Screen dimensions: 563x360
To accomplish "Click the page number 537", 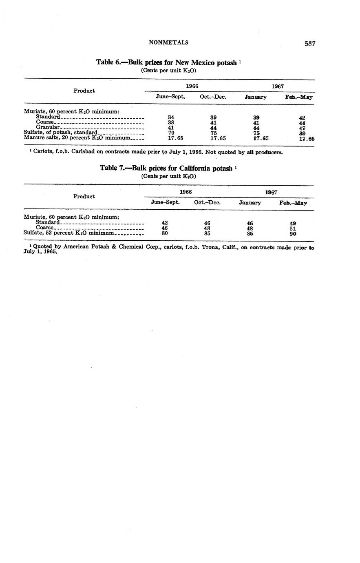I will pyautogui.click(x=310, y=44).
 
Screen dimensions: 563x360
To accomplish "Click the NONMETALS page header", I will pyautogui.click(x=168, y=42).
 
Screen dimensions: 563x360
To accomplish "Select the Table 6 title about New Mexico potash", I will pyautogui.click(x=168, y=62).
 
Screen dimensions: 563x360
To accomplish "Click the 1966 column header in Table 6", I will pyautogui.click(x=192, y=86).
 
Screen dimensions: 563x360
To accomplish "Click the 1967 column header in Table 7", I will pyautogui.click(x=271, y=192).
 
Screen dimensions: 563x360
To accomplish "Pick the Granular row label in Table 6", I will pyautogui.click(x=48, y=127).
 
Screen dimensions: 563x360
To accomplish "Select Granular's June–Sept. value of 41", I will pyautogui.click(x=171, y=128).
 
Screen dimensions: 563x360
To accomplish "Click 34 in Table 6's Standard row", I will pyautogui.click(x=171, y=117).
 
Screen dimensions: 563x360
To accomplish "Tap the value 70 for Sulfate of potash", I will pyautogui.click(x=171, y=133).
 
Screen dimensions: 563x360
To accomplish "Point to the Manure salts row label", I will pyautogui.click(x=77, y=138).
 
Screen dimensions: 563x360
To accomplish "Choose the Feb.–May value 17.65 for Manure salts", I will pyautogui.click(x=307, y=139).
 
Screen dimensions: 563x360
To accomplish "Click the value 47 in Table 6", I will pyautogui.click(x=302, y=128).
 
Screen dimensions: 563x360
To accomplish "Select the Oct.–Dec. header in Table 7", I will pyautogui.click(x=207, y=202).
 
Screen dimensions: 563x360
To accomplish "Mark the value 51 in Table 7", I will pyautogui.click(x=293, y=228).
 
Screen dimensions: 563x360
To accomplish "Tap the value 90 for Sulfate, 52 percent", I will pyautogui.click(x=293, y=234).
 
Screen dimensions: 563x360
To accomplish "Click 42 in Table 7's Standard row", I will pyautogui.click(x=165, y=223).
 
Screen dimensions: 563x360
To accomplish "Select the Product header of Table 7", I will pyautogui.click(x=84, y=196).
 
